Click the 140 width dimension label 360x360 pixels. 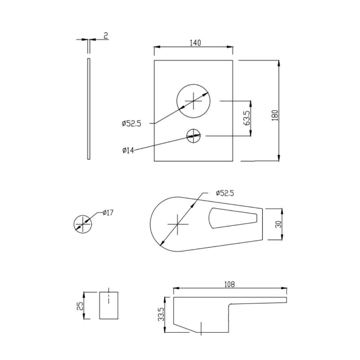pos(195,43)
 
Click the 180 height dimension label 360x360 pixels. pos(275,115)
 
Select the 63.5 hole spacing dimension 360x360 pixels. pos(247,118)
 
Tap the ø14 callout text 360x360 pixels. pos(128,150)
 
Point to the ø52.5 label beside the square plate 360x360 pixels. pos(131,124)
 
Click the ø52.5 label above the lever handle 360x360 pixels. pos(225,193)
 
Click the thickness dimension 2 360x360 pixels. pos(106,36)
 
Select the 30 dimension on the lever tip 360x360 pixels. pos(279,224)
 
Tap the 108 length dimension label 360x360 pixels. pos(229,284)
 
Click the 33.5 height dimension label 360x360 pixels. pos(161,314)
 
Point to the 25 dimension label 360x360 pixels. pos(80,306)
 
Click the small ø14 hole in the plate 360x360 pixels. pos(193,136)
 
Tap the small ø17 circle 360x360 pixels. pos(82,224)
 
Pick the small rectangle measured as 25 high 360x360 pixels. pos(109,306)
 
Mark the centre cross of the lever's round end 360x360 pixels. pos(177,224)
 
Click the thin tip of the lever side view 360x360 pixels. pos(280,300)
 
